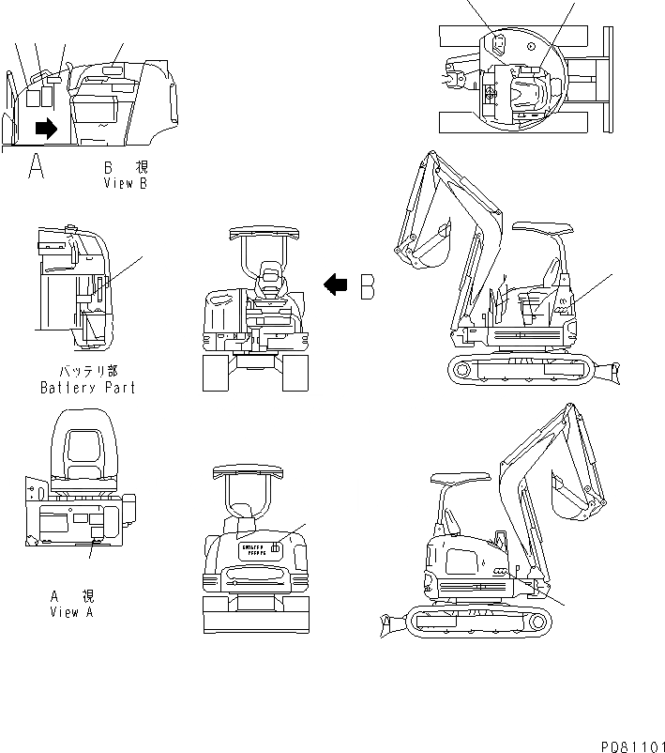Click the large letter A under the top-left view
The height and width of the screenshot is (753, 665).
tap(37, 167)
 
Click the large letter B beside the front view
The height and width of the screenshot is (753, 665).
tap(368, 286)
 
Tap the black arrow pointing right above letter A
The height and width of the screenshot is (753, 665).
tap(45, 127)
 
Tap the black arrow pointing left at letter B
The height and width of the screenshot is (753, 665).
tap(335, 284)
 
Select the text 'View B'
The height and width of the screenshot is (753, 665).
tap(126, 184)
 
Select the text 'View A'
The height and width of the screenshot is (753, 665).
tap(71, 612)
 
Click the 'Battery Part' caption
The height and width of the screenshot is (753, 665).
tap(87, 387)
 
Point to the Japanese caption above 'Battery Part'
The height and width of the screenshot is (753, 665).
tap(87, 372)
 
